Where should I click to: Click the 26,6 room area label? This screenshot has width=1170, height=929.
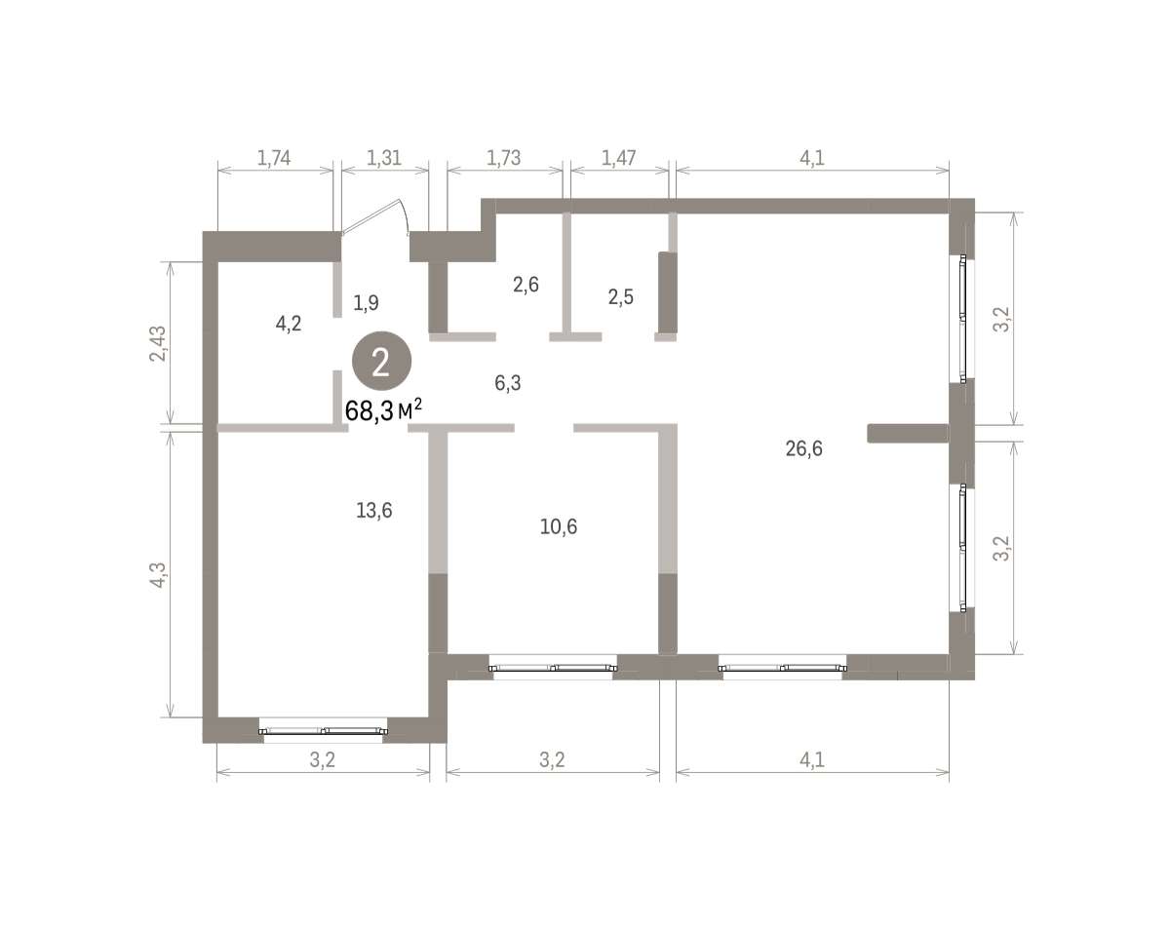click(803, 449)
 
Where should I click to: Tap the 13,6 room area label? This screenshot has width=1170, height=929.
click(373, 511)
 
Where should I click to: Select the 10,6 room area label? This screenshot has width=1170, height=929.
click(559, 527)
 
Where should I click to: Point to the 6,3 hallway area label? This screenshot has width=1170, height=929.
click(507, 384)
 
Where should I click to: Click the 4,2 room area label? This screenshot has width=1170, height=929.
click(289, 325)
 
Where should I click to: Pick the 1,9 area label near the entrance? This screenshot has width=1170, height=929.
click(366, 303)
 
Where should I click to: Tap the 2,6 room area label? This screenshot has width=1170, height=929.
click(526, 285)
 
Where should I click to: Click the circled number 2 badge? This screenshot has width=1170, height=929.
click(381, 362)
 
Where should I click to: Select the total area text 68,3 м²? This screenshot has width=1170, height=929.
click(383, 410)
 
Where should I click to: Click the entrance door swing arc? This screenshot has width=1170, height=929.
click(405, 216)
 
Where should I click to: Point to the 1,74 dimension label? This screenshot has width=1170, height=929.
click(273, 158)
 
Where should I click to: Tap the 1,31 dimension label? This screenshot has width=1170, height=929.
click(384, 158)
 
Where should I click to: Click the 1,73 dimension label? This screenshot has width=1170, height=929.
click(503, 158)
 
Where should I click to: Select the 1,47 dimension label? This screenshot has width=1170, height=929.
click(619, 158)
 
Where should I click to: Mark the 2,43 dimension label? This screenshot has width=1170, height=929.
click(158, 343)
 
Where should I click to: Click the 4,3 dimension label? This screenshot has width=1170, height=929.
click(158, 575)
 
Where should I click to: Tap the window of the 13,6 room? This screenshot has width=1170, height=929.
click(323, 730)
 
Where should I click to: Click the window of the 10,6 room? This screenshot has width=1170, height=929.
click(553, 667)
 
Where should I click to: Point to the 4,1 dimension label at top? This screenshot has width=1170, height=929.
click(812, 158)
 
